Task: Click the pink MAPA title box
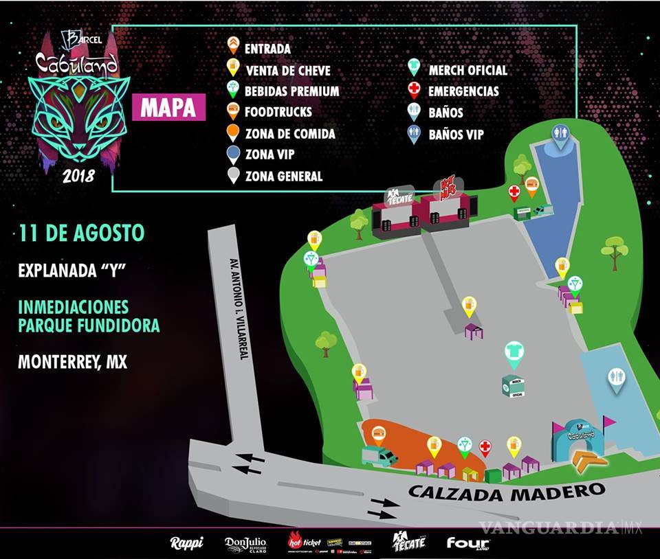point(168,109)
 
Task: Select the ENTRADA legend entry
point(267,49)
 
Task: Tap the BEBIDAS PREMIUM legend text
point(292,91)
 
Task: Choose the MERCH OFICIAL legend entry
point(467,70)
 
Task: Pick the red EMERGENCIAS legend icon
point(414,91)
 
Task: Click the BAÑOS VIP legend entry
point(455,134)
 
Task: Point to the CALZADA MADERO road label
point(507,491)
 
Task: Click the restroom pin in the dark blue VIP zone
point(561,135)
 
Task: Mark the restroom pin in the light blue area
point(616,378)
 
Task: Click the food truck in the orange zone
point(379,455)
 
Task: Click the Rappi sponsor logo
point(186,543)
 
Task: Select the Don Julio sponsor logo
point(245,543)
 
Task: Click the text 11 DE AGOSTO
point(82,233)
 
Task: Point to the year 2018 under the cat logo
point(78,175)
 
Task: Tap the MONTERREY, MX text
point(73,362)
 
